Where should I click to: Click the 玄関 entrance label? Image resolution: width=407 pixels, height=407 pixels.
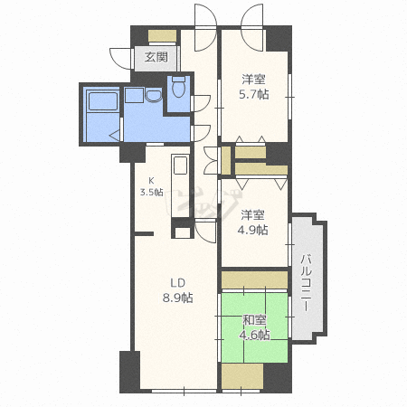point(156,58)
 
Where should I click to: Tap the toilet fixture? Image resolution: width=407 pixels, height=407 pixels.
point(178,88)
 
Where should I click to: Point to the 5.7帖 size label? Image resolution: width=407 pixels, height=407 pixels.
point(253,94)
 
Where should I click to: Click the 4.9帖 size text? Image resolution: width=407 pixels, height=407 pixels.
point(253,230)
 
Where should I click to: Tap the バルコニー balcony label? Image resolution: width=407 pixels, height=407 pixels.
point(307,281)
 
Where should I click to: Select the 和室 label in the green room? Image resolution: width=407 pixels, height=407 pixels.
point(254,320)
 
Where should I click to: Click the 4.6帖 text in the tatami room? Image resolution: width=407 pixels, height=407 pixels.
point(254,335)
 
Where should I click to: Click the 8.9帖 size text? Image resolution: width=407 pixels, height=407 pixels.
point(176,298)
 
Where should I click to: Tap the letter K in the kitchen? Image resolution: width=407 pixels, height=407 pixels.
point(152,179)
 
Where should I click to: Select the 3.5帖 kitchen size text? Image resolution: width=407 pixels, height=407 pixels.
point(152,192)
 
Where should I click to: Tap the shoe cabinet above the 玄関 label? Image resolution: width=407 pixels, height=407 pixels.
point(162,36)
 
